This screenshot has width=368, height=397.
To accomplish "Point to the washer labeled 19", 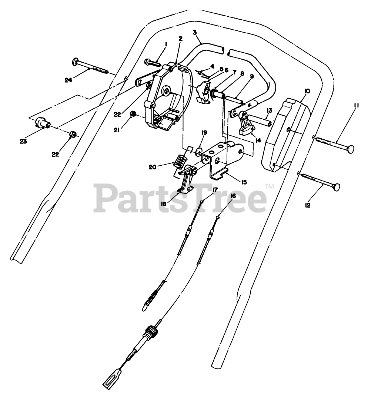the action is point(198,152).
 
